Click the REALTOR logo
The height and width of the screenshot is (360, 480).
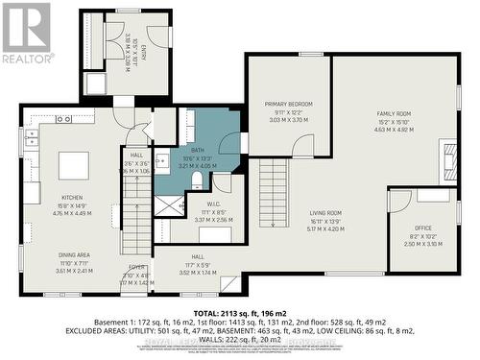(26, 33)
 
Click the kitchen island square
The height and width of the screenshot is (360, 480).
(73, 165)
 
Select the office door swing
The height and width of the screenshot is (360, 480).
(401, 201)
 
